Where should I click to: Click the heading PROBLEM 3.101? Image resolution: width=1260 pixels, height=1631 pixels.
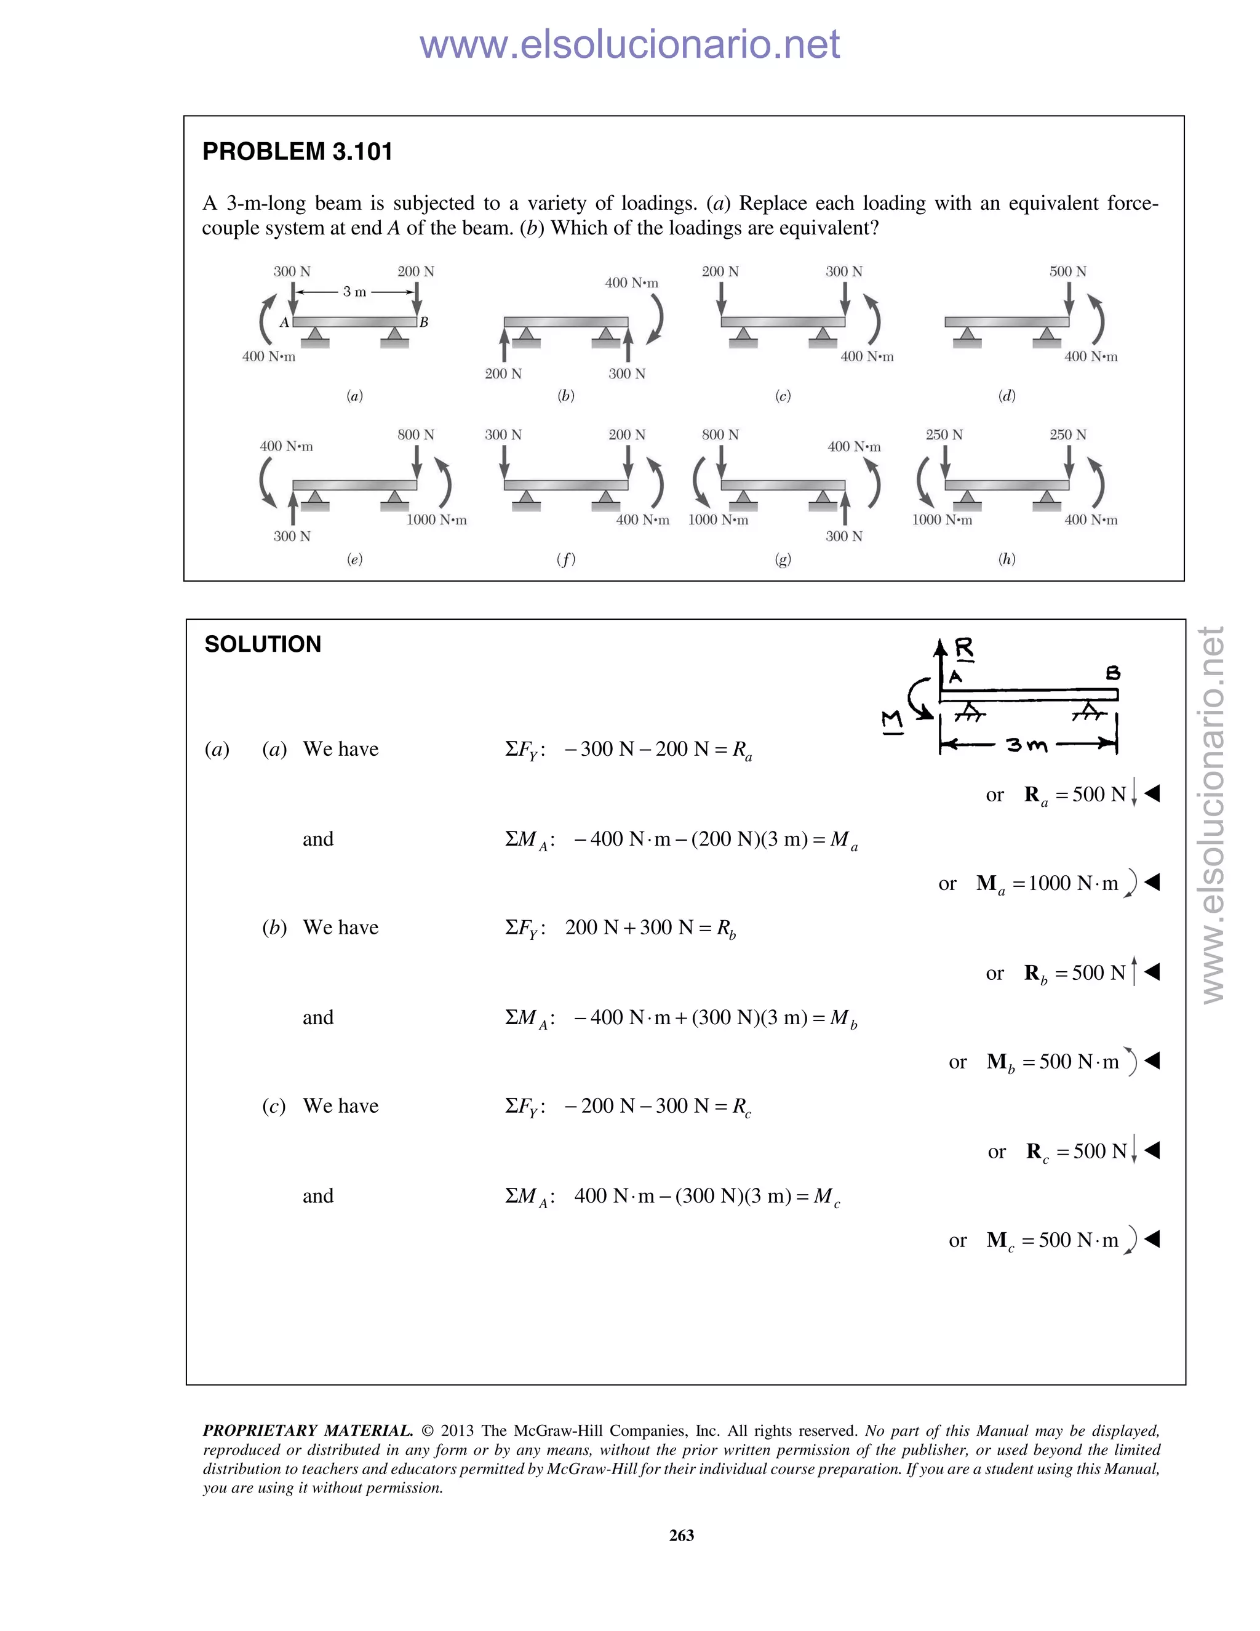[297, 151]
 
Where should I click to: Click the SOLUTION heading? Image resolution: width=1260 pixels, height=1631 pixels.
[263, 644]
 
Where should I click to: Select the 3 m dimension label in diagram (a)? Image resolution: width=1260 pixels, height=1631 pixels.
[354, 292]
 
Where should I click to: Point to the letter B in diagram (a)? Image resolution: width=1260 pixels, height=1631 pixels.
[423, 323]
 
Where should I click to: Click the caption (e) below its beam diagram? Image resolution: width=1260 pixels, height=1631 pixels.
[354, 559]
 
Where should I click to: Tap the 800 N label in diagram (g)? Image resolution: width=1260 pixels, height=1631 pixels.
[720, 435]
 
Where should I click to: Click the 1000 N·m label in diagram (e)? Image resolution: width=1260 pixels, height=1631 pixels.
[437, 520]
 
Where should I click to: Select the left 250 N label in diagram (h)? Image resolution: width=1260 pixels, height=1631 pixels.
[944, 435]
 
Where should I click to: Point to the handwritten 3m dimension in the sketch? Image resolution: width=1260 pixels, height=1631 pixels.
[1026, 745]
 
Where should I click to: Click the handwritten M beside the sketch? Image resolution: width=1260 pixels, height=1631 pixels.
[892, 721]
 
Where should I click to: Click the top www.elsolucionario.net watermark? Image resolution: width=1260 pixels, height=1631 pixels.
[629, 44]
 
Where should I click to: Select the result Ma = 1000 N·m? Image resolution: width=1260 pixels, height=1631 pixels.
[1047, 883]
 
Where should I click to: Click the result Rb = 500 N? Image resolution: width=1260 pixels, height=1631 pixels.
[1075, 973]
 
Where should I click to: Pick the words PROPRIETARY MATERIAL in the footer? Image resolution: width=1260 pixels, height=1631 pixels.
[308, 1431]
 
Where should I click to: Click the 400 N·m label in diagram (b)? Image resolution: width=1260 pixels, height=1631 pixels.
[631, 283]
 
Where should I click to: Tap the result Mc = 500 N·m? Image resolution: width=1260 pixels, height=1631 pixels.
[1053, 1240]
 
